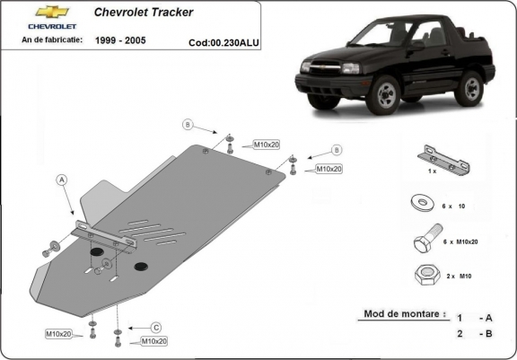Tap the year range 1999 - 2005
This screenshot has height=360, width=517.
pyautogui.click(x=121, y=40)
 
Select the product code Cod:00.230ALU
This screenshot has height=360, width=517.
pyautogui.click(x=223, y=41)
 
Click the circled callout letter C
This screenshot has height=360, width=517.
pyautogui.click(x=154, y=327)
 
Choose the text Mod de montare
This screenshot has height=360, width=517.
pyautogui.click(x=403, y=314)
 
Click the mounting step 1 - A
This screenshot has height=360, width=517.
pyautogui.click(x=473, y=318)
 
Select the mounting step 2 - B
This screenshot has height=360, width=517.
pyautogui.click(x=473, y=334)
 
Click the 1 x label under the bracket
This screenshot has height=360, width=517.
pyautogui.click(x=431, y=171)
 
